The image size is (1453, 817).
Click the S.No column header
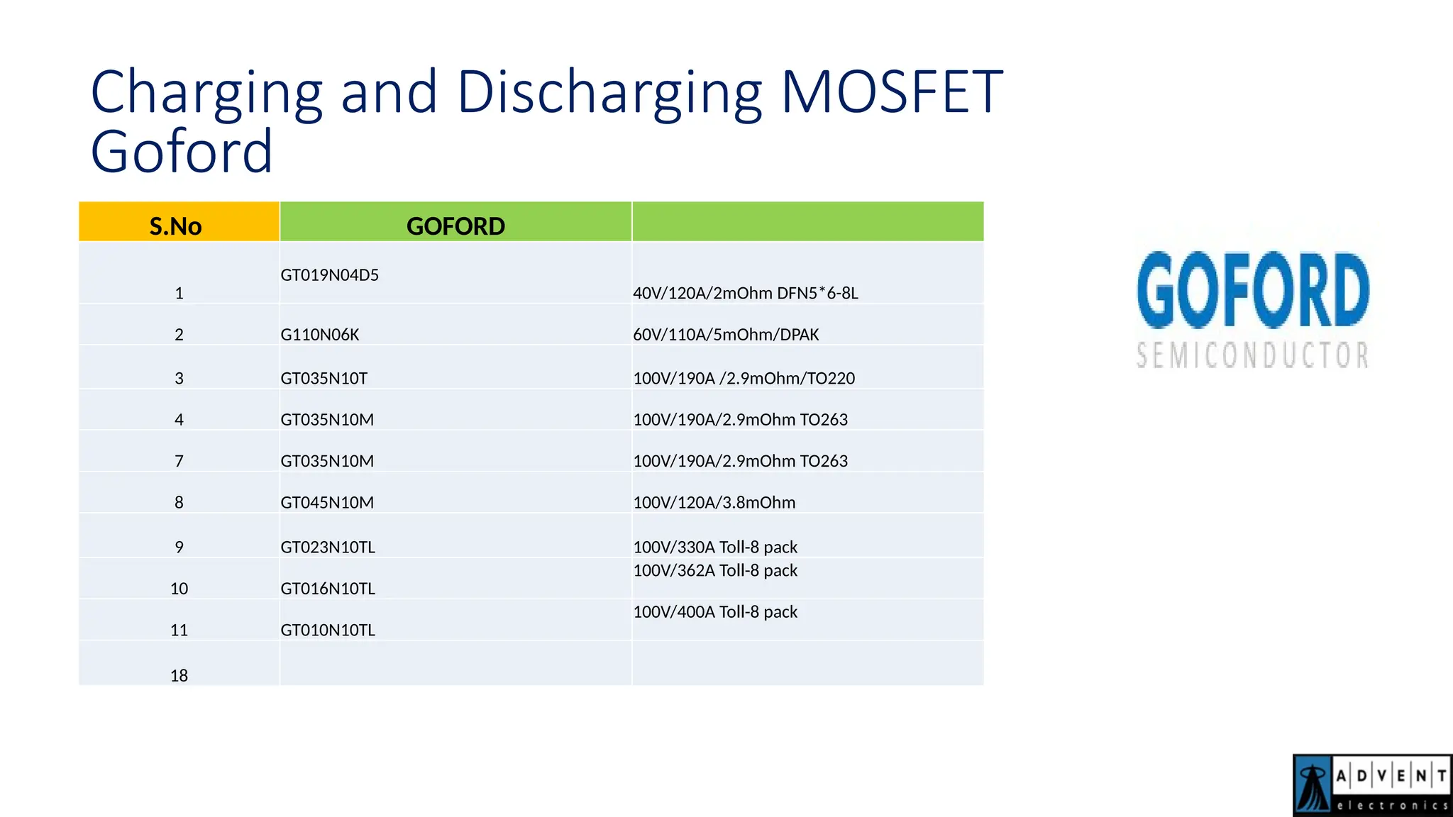[x=176, y=226]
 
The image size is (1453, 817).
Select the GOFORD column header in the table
[x=455, y=226]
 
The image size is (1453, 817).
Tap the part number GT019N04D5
[x=330, y=275]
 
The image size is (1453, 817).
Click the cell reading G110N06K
[x=320, y=335]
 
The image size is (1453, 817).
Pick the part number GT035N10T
[x=324, y=379]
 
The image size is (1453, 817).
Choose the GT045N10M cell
[x=327, y=503]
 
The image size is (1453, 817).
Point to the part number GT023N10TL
[x=328, y=548]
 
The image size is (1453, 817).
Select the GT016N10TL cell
[x=328, y=589]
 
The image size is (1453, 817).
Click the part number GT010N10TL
[x=328, y=630]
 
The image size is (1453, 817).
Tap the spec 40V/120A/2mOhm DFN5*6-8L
[x=746, y=294]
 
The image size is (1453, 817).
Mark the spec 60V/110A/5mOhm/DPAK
[x=726, y=335]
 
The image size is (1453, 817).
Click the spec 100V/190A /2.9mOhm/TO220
[x=744, y=379]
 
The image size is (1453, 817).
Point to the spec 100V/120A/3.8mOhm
[x=714, y=503]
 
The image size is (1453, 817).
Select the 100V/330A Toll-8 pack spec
[x=715, y=548]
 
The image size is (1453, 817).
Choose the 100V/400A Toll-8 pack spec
[x=715, y=612]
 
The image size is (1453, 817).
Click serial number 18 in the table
[x=179, y=676]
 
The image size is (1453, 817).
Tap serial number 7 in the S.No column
[x=179, y=462]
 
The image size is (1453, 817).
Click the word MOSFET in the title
[x=892, y=92]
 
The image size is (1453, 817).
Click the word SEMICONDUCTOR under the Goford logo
[x=1252, y=355]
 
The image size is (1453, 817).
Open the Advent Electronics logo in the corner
[x=1372, y=784]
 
